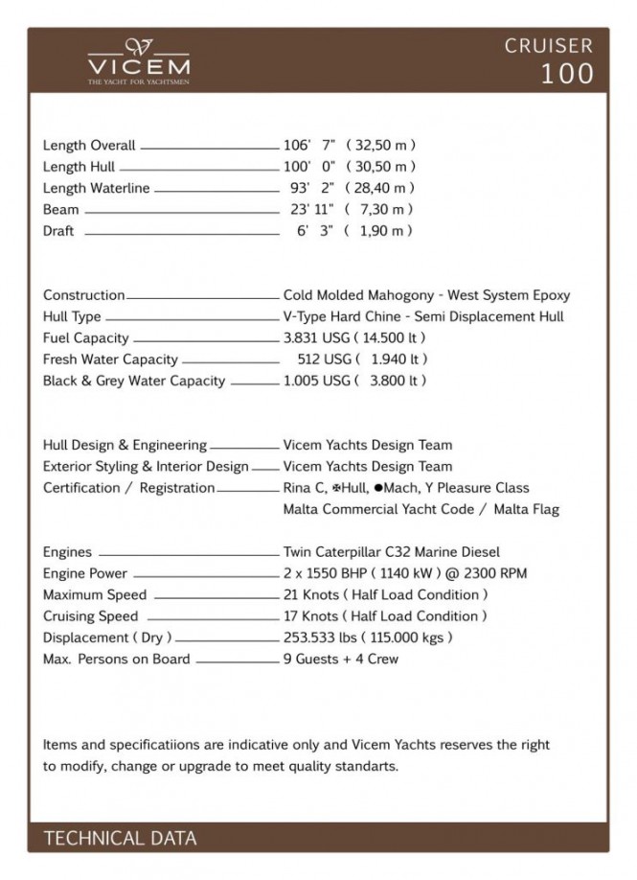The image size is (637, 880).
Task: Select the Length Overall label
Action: tap(89, 146)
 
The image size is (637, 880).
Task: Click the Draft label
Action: tap(58, 231)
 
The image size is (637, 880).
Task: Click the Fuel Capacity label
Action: tap(86, 338)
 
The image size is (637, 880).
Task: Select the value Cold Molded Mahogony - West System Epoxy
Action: tap(426, 295)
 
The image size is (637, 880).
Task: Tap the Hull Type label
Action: tap(72, 317)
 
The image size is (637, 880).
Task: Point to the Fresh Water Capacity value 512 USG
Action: tap(325, 359)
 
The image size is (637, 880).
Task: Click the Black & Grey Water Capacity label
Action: tap(134, 381)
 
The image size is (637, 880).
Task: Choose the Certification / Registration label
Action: tap(129, 488)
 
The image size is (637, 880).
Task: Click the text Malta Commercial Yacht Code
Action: tap(383, 509)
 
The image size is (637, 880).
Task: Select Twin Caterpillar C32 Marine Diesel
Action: tap(392, 552)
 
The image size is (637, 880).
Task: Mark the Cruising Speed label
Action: tap(90, 616)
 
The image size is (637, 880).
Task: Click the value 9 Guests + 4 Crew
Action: tap(341, 659)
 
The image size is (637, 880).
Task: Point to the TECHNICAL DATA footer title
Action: tap(120, 839)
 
